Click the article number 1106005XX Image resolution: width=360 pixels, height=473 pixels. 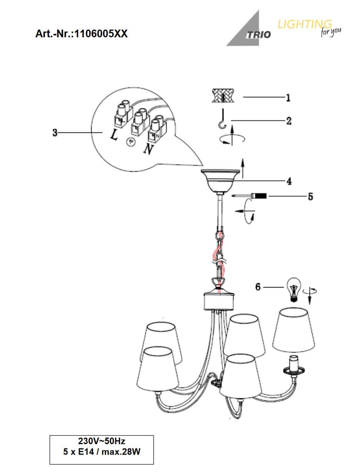click(101, 34)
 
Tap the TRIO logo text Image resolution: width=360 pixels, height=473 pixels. click(258, 35)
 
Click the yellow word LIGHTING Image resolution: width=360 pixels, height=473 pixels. click(305, 24)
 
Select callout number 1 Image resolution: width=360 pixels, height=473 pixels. click(288, 98)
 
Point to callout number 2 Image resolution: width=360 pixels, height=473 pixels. click(289, 121)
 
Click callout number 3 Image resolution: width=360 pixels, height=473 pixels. click(55, 132)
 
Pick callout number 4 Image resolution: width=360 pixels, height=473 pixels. click(289, 181)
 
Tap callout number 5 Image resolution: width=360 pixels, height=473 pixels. click(310, 197)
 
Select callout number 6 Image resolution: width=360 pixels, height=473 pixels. click(258, 287)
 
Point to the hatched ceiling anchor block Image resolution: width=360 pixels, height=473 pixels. click(223, 95)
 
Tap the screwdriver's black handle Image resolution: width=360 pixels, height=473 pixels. click(261, 196)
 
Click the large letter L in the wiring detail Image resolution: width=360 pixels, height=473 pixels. click(114, 135)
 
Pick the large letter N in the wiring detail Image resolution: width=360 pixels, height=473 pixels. click(148, 149)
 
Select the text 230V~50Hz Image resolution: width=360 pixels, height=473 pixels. click(102, 441)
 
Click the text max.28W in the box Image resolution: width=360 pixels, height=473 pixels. click(121, 451)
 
